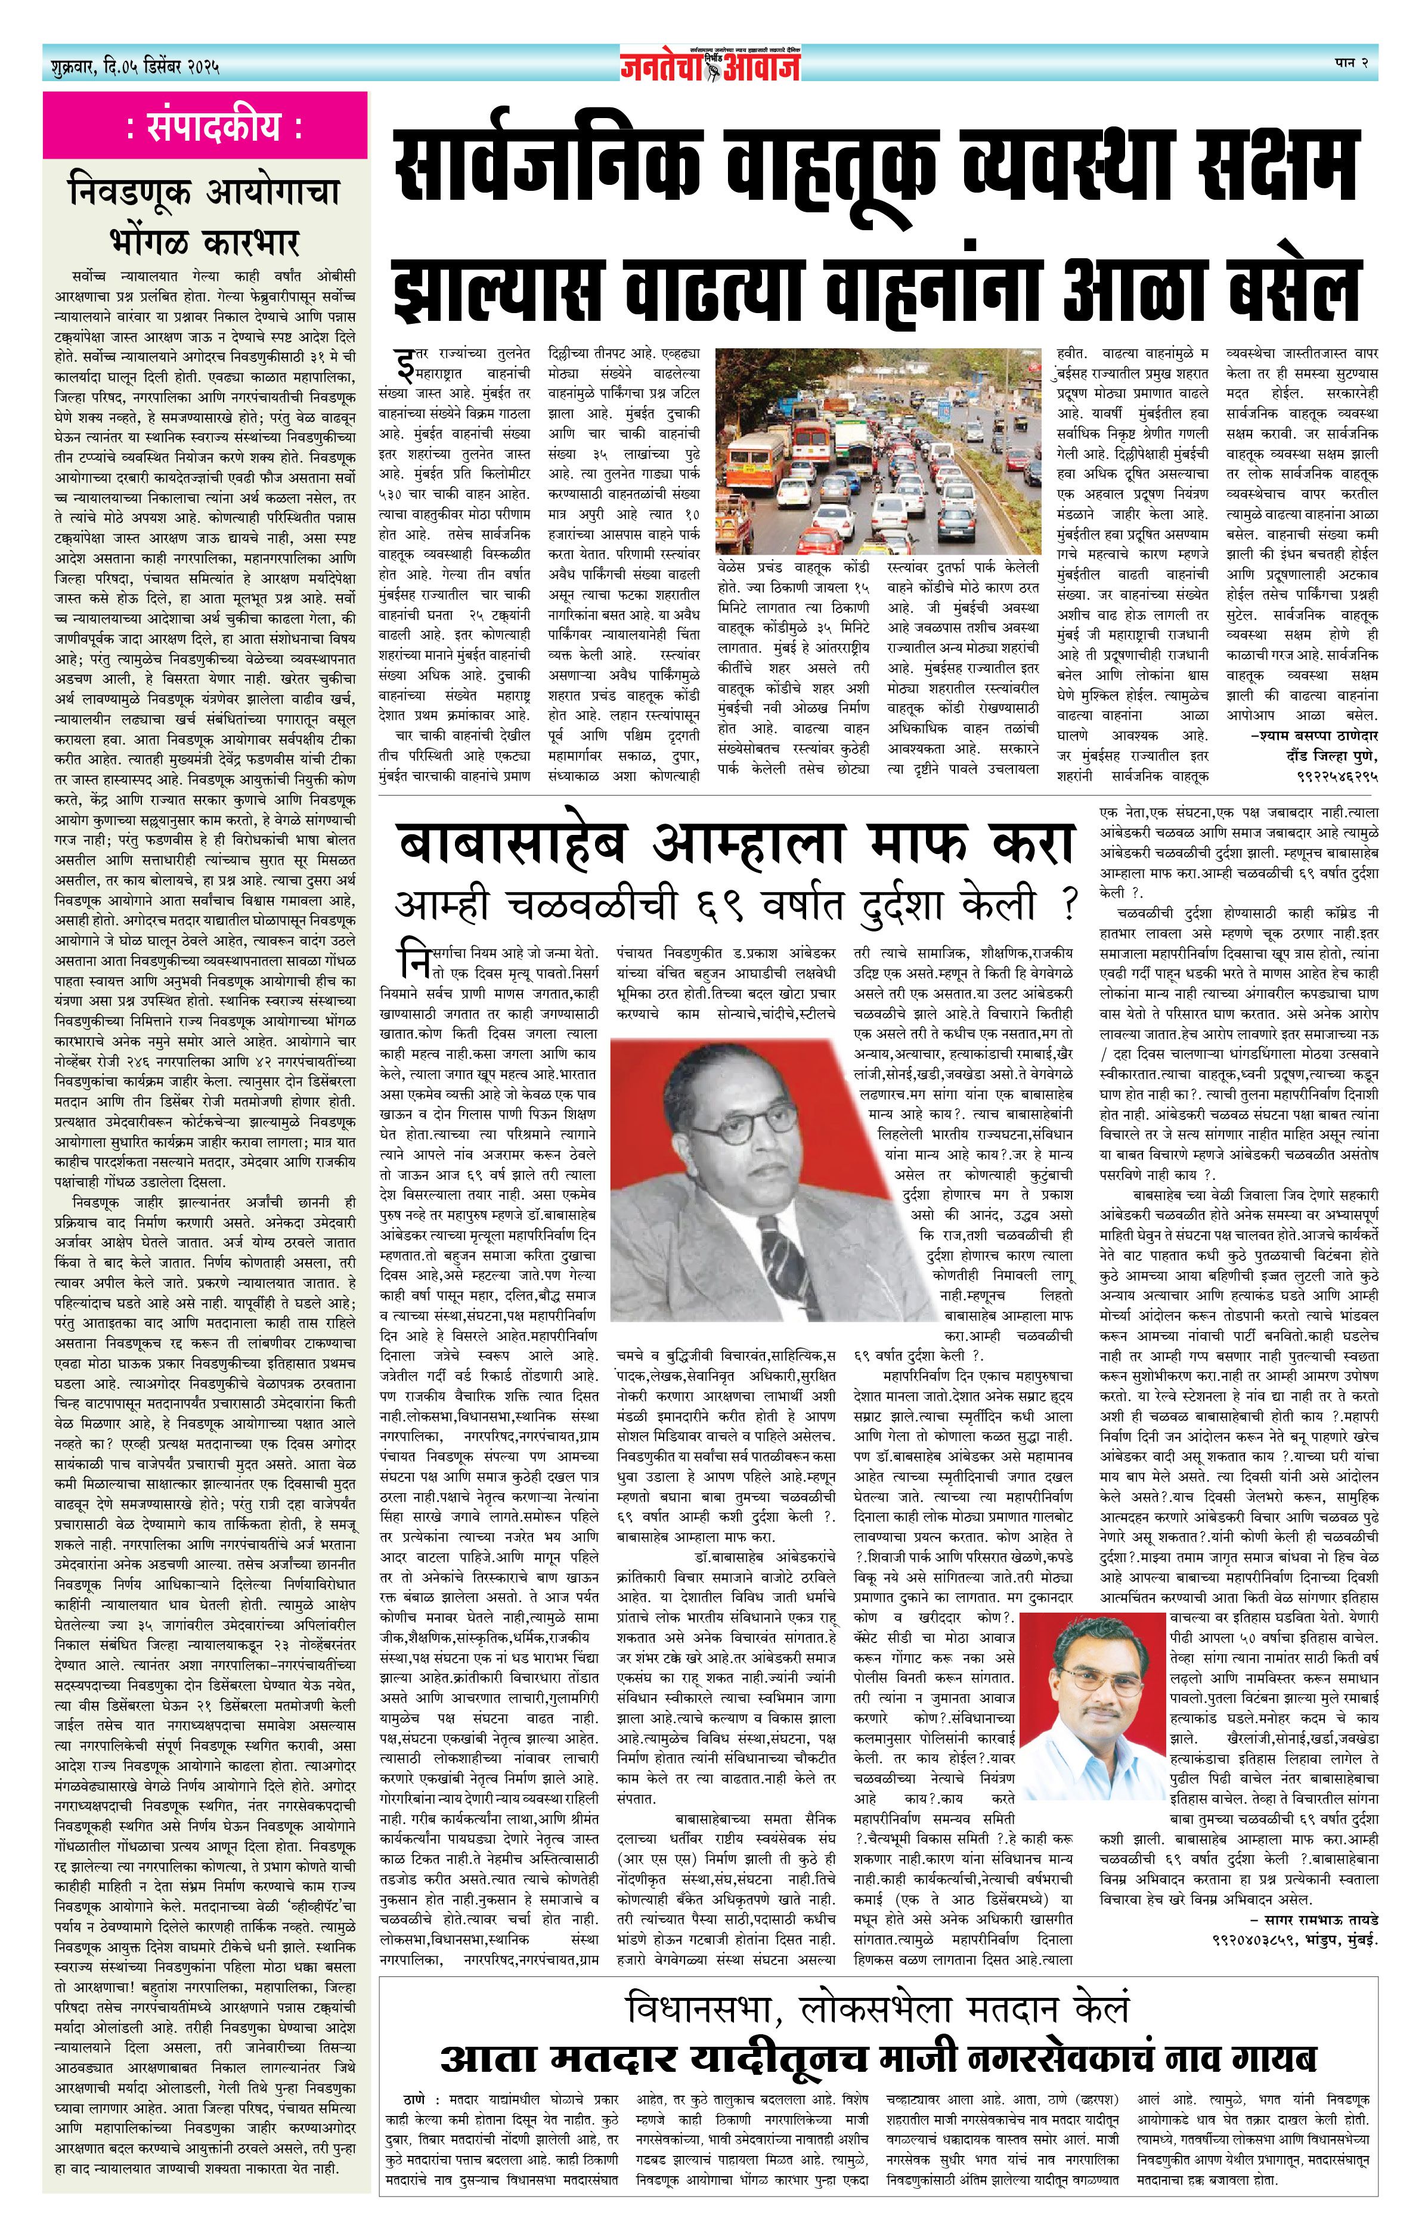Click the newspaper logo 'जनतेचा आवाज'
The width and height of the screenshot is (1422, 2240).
coord(711,65)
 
